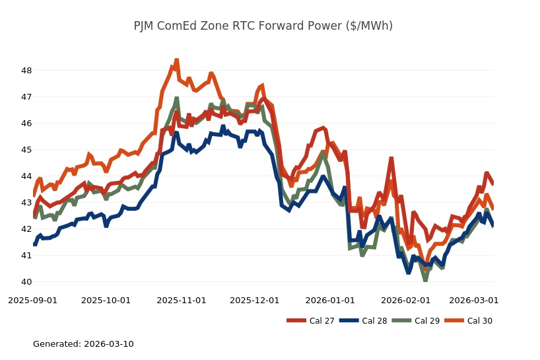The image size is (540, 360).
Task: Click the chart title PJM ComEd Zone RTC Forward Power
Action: (x=263, y=26)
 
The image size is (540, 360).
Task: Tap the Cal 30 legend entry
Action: (x=465, y=321)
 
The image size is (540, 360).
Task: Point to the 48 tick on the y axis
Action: (x=26, y=70)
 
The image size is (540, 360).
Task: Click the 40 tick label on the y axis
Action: (x=26, y=282)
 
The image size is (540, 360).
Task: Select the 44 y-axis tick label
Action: (x=26, y=176)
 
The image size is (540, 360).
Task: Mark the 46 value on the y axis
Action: (x=26, y=124)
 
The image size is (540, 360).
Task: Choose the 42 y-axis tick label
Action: (x=26, y=229)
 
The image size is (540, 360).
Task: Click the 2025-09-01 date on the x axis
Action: (x=32, y=300)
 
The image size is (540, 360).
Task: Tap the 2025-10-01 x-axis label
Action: (x=106, y=300)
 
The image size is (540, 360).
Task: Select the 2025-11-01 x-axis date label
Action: (x=182, y=300)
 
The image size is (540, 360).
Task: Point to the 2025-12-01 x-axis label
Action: (x=255, y=300)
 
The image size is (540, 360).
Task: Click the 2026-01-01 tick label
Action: (x=330, y=300)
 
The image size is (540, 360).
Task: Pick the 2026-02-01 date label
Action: (x=405, y=300)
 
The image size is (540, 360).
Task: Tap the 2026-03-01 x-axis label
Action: (x=474, y=300)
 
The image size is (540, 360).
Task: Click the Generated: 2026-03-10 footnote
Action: (x=83, y=344)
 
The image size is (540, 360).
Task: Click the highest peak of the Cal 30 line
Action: (x=176, y=60)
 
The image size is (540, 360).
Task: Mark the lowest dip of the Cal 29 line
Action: (x=425, y=280)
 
